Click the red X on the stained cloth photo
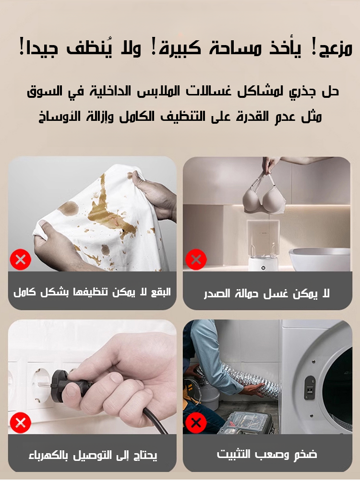(x=21, y=260)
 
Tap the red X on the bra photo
(x=196, y=260)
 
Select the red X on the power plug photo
(x=21, y=423)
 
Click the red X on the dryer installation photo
(x=196, y=423)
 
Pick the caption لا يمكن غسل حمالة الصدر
(x=267, y=293)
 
